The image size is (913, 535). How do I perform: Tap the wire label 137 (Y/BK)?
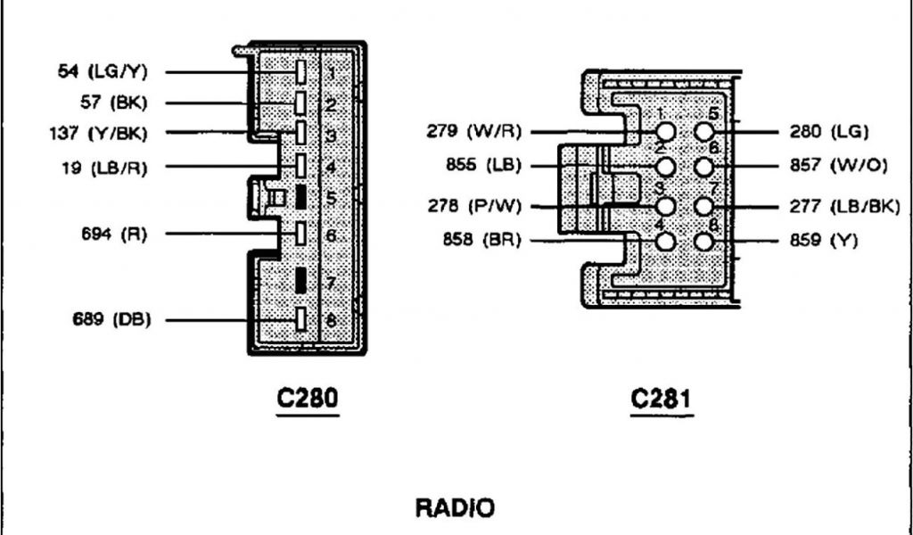pos(98,134)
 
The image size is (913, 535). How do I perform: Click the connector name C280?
pos(307,399)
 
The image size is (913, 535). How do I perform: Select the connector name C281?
pos(661,399)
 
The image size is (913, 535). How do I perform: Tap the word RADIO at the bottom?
pos(455,509)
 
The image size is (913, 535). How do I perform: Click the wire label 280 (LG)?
pos(828,133)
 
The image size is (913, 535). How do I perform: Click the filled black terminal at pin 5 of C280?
pos(302,197)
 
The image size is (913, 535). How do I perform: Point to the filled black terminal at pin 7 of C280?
pos(302,281)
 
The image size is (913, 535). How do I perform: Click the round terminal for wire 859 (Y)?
pos(704,241)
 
